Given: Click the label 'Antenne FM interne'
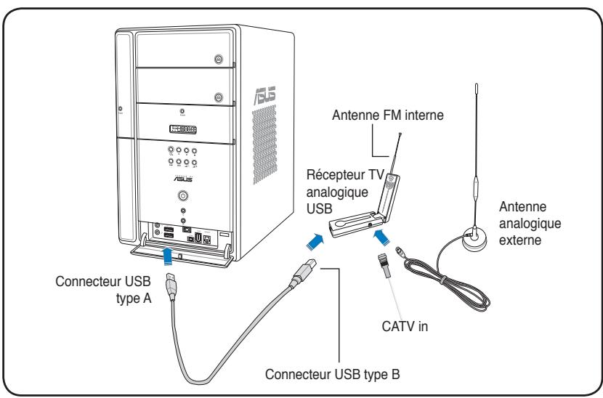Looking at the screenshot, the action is [388, 115].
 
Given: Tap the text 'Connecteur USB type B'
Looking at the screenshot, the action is [332, 374].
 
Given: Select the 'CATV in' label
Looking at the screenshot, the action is [405, 326].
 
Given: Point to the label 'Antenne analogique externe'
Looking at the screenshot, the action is [530, 224].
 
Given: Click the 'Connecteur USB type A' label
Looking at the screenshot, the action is [103, 290].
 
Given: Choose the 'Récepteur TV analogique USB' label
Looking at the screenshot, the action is [345, 192].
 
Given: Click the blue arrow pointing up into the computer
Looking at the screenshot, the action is [168, 256].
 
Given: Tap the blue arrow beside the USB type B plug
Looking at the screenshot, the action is [315, 242].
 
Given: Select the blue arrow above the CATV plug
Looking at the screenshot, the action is [381, 236].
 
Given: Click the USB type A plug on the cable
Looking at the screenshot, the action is [171, 286].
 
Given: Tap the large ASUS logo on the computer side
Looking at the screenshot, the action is [264, 95].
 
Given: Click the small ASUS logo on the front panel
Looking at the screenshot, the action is [183, 179].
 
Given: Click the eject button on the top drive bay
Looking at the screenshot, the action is [219, 59].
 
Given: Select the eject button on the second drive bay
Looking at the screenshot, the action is [219, 97].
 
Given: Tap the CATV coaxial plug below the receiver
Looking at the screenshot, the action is [384, 264].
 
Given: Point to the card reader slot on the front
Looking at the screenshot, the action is [183, 129].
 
